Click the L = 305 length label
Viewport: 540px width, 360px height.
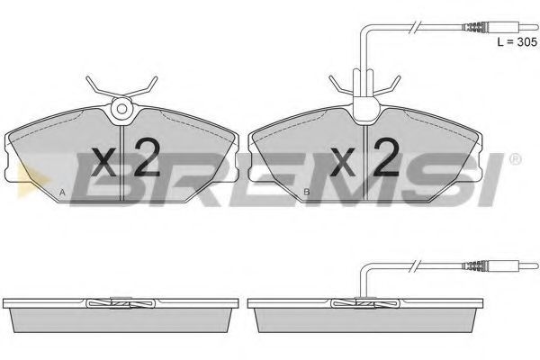(517, 42)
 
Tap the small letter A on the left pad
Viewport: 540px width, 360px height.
(62, 193)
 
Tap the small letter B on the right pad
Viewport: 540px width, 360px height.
(307, 192)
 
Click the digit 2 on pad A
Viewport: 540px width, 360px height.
(147, 157)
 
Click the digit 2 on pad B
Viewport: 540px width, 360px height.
(386, 157)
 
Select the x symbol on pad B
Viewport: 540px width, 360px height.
(342, 162)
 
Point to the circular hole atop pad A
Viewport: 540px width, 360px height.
(121, 109)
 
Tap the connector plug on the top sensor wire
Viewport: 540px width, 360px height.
(500, 27)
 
